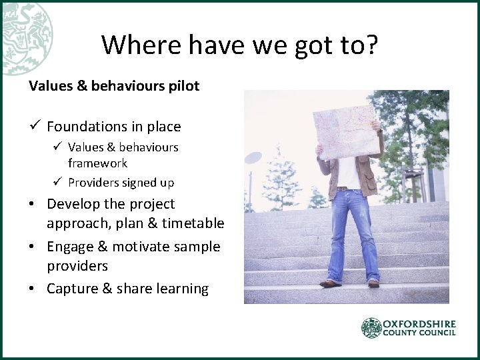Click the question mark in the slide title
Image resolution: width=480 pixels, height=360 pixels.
(x=370, y=45)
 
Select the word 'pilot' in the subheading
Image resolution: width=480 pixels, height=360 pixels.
(x=185, y=86)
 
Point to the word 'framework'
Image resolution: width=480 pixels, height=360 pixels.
(x=97, y=163)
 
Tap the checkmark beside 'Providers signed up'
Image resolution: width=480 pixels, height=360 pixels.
(x=58, y=182)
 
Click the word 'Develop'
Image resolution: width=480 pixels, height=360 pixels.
(x=73, y=204)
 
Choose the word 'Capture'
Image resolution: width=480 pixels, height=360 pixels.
(x=72, y=289)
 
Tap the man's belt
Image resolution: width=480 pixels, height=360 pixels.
(x=347, y=189)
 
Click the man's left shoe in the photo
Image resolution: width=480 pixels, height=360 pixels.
(x=374, y=283)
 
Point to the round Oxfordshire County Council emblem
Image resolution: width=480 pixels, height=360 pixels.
(x=371, y=328)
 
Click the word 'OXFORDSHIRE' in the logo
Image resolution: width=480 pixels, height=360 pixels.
(x=419, y=324)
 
